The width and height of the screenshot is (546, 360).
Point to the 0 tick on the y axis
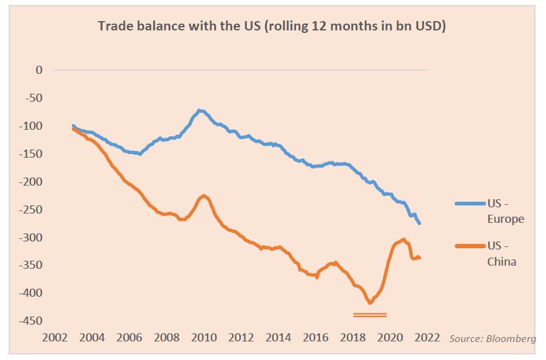[x=39, y=70]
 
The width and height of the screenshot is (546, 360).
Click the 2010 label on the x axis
[x=204, y=338]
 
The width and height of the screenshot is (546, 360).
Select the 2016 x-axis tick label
[x=316, y=338]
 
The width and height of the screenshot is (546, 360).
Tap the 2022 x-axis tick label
[x=427, y=338]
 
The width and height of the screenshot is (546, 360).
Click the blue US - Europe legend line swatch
[x=470, y=203]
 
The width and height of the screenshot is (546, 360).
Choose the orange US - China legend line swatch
[x=470, y=246]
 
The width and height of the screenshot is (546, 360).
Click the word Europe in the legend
[x=506, y=219]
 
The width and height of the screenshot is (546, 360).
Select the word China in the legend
[x=501, y=262]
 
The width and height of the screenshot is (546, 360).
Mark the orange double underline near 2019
[x=370, y=315]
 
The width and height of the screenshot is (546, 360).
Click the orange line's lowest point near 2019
[x=370, y=302]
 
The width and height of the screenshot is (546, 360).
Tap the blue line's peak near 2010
[x=200, y=110]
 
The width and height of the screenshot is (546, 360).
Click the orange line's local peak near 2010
[x=204, y=196]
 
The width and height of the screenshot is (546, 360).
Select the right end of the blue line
[x=420, y=223]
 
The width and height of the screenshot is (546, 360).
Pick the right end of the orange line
[x=420, y=258]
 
